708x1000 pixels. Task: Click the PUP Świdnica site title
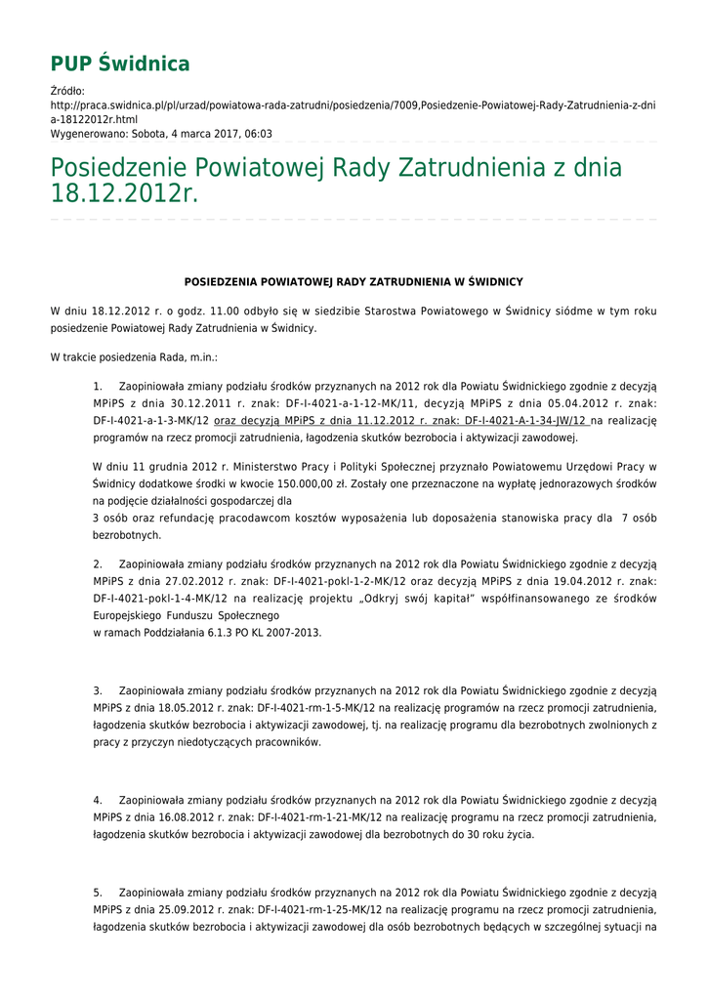[x=120, y=64]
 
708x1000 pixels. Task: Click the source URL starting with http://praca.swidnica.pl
[x=353, y=104]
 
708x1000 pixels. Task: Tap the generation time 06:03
[x=259, y=134]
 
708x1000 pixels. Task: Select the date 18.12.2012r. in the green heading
[x=124, y=194]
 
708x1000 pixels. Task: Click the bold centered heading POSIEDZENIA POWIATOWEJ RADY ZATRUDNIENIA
[x=354, y=281]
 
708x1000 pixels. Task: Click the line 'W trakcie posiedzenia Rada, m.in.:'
[x=134, y=358]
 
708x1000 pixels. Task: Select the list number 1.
[x=98, y=386]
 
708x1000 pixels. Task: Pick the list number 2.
[x=98, y=563]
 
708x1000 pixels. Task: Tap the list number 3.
[x=98, y=690]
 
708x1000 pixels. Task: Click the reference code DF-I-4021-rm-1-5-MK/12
[x=320, y=708]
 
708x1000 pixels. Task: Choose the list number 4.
[x=98, y=800]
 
